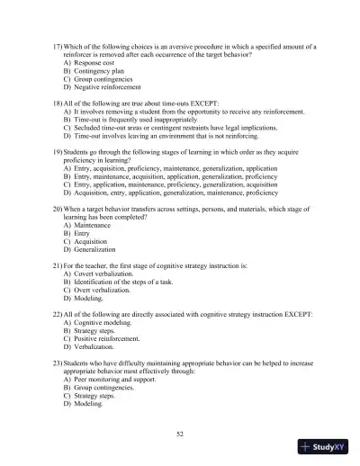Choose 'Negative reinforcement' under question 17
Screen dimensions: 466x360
(109, 91)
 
